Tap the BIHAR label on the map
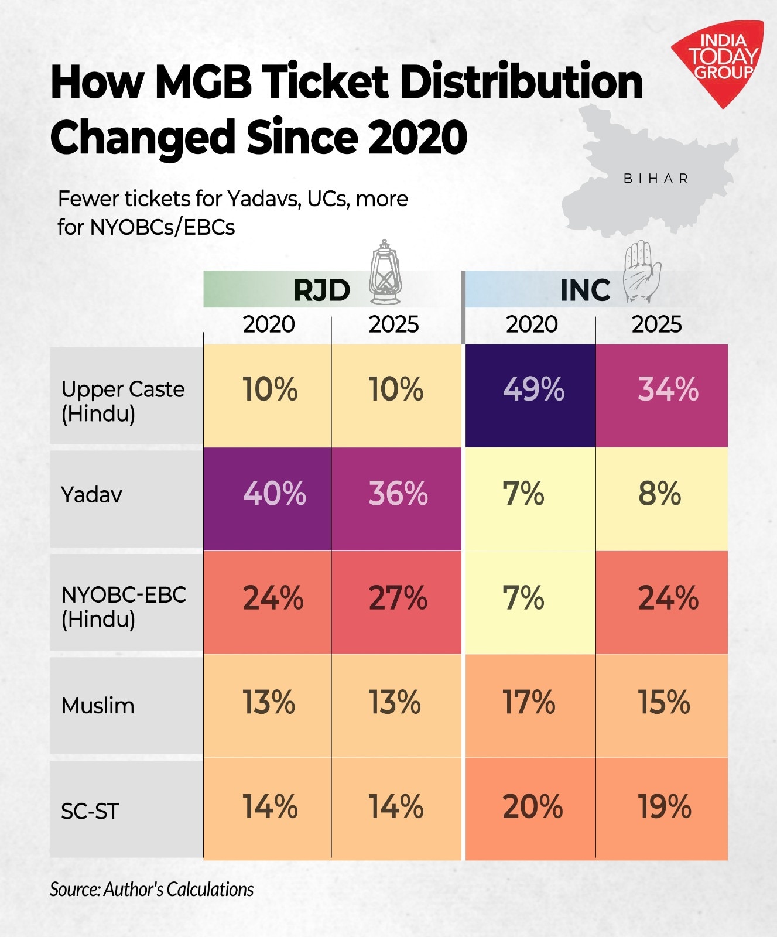pos(656,179)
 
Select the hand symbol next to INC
pos(642,272)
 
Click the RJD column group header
pos(321,290)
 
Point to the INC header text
pos(585,290)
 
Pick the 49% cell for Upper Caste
pos(533,389)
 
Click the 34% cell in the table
pos(668,389)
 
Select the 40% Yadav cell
pos(274,494)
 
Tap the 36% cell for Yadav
pos(398,494)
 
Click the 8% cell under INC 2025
pos(659,494)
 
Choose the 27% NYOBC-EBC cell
pos(398,599)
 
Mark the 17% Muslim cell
pos(529,702)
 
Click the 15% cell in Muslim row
pos(663,702)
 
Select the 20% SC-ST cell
pos(532,807)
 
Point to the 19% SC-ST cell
pos(664,807)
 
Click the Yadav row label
pos(91,495)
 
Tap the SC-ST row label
pos(90,812)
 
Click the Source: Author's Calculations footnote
pos(152,889)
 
